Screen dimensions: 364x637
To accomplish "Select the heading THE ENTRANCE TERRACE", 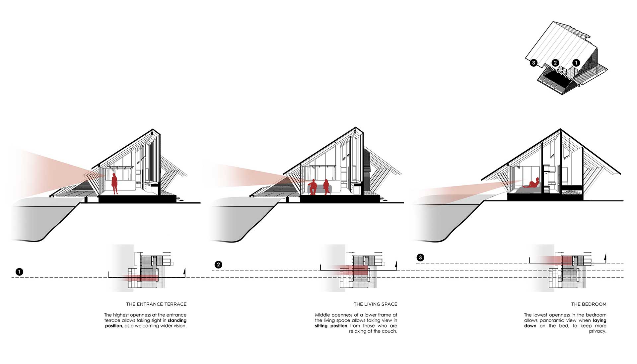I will pos(156,304).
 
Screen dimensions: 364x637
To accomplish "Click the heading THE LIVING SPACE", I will pos(375,304).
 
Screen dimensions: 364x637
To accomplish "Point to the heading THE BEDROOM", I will pos(589,304).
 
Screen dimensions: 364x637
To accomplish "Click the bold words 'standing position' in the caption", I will pos(146,323).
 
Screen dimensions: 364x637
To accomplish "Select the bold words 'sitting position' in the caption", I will pos(331,326).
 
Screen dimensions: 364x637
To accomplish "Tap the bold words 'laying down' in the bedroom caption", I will pos(565,323).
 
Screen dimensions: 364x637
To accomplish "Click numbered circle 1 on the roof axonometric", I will pos(576,62).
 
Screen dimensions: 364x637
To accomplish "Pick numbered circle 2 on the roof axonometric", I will pos(555,62).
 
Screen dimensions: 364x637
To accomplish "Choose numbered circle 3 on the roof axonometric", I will pos(533,62).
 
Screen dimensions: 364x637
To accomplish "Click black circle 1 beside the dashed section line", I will pos(20,272).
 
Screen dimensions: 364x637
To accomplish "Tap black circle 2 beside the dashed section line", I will pos(218,264).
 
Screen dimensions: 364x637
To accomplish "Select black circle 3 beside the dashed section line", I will pos(420,257).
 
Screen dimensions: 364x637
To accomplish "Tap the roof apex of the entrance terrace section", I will pos(153,129).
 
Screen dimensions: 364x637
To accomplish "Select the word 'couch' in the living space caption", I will pos(390,331).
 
